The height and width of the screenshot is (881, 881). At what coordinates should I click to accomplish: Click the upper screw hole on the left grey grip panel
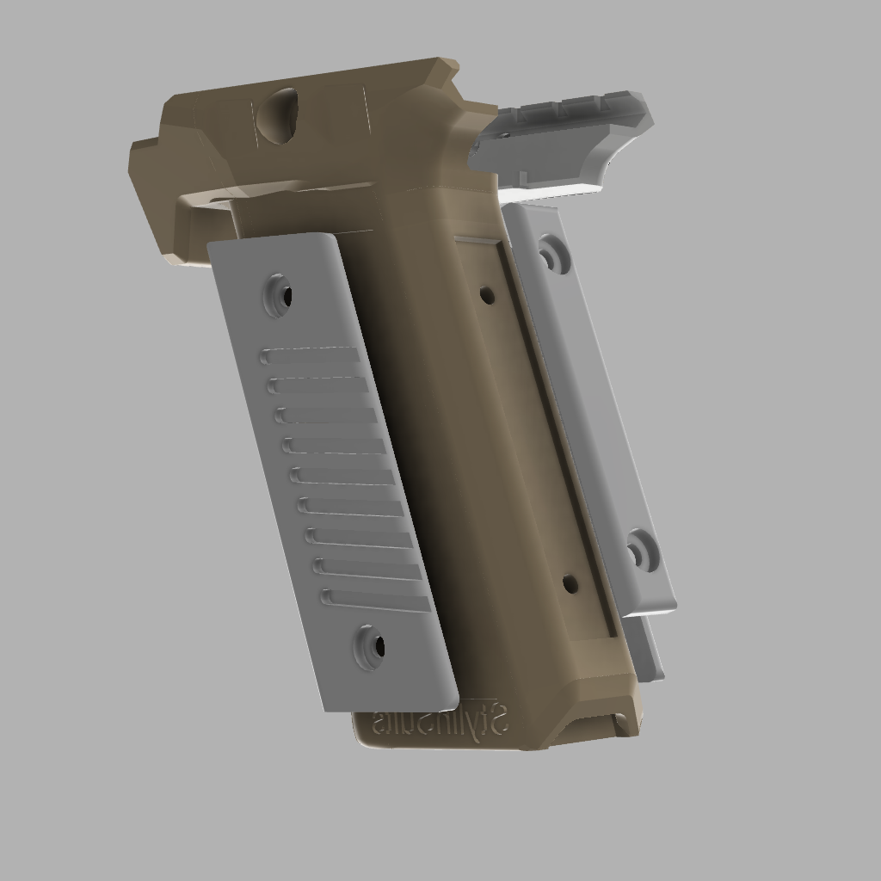click(x=279, y=295)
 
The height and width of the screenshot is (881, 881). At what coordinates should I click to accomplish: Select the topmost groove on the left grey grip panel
click(x=311, y=355)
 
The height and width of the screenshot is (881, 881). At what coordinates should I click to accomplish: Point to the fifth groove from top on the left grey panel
click(x=343, y=476)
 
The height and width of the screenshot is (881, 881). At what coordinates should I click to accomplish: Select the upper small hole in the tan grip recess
click(x=487, y=295)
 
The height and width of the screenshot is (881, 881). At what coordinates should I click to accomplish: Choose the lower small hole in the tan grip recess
click(x=570, y=584)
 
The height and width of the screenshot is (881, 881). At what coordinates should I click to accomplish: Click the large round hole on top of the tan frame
click(x=278, y=116)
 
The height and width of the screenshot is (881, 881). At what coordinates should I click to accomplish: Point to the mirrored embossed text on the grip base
click(x=441, y=721)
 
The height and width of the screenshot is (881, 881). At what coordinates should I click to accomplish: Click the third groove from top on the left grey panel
click(x=327, y=416)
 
